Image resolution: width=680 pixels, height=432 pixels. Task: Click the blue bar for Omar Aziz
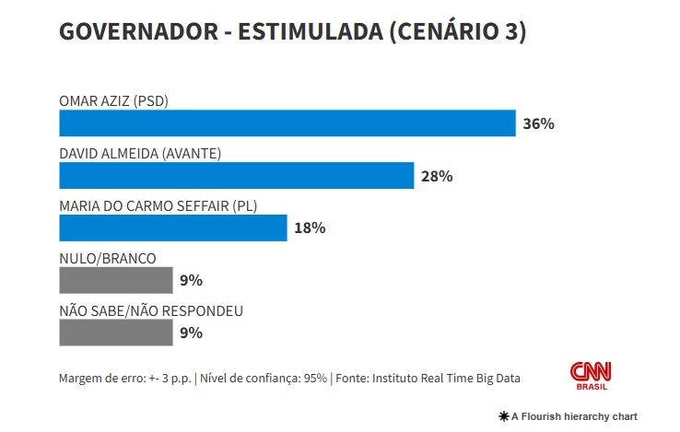click(x=287, y=123)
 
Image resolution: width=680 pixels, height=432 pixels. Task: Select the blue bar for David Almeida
click(x=236, y=176)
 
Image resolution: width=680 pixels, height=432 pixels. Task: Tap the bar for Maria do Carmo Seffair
click(x=172, y=228)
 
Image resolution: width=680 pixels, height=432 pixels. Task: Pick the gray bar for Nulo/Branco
click(x=115, y=280)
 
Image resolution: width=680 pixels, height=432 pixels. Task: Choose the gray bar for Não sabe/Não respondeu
click(x=115, y=333)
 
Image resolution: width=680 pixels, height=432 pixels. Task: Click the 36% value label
click(x=538, y=123)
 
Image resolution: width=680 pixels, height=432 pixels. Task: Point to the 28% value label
click(x=437, y=176)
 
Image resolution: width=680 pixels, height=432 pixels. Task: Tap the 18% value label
click(x=310, y=228)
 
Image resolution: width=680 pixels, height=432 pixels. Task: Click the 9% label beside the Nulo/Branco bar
click(x=191, y=280)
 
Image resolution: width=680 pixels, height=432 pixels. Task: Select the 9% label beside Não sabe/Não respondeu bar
click(x=191, y=333)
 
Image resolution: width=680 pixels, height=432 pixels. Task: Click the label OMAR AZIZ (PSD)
click(x=113, y=100)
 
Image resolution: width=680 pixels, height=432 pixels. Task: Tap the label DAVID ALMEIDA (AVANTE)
click(x=139, y=153)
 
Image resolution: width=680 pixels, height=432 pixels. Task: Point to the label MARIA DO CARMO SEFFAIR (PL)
click(x=157, y=205)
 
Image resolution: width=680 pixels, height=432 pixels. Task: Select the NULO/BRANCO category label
click(x=107, y=258)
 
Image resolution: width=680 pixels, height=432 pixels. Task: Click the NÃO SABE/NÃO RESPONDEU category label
click(x=151, y=310)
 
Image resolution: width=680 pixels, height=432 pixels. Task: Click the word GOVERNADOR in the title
click(x=136, y=32)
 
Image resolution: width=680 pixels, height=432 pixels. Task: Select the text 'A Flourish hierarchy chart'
click(x=574, y=416)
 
